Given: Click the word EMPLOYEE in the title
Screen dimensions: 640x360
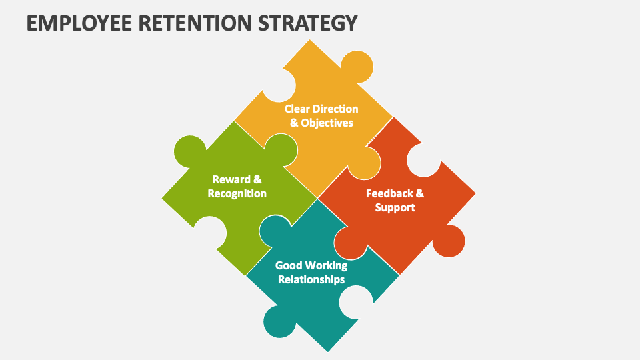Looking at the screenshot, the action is tap(79, 23).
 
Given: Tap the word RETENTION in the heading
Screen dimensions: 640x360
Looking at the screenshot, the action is tap(195, 23).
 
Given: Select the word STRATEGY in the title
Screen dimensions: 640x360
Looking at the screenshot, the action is tap(308, 23).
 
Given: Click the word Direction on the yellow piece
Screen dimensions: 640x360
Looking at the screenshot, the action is tap(334, 109).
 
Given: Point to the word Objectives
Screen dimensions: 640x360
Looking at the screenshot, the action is tap(327, 123).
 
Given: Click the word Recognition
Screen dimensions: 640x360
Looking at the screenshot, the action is tap(237, 193).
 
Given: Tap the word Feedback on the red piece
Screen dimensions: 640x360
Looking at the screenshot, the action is tap(389, 193).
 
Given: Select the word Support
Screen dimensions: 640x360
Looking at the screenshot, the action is tap(395, 208).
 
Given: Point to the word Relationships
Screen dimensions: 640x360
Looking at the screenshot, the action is tap(311, 279).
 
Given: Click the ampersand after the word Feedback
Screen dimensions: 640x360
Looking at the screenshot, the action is tap(419, 193).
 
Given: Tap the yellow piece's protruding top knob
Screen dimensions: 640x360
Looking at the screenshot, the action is tap(357, 67).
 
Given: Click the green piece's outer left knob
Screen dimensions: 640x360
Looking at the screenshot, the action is tap(189, 152).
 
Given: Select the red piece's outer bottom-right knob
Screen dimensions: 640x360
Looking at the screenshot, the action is tap(449, 241).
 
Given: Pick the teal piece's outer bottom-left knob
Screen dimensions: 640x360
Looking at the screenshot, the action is tap(279, 321).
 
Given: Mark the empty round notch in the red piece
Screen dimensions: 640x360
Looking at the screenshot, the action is tap(424, 161).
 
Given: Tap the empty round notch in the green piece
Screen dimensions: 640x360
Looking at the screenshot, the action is tap(210, 233).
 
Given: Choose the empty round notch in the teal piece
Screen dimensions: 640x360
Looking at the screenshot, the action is tap(356, 303).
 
